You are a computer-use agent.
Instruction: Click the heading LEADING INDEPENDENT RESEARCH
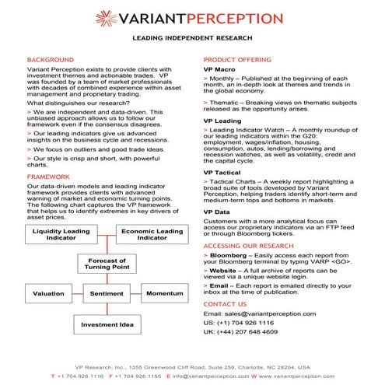pos(191,37)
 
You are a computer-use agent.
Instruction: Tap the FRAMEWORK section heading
pos(48,177)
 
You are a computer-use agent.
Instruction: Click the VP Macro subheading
pos(220,69)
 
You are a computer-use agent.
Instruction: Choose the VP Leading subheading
pos(222,121)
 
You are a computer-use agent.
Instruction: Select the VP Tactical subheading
pos(223,172)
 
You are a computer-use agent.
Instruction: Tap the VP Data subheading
pos(217,212)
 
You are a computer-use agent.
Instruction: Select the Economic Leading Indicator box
pos(152,235)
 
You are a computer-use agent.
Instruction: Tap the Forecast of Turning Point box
pos(107,264)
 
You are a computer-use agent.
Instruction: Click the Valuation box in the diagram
pos(48,294)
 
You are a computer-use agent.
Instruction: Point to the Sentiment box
pos(107,294)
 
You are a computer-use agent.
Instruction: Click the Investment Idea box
pos(107,324)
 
